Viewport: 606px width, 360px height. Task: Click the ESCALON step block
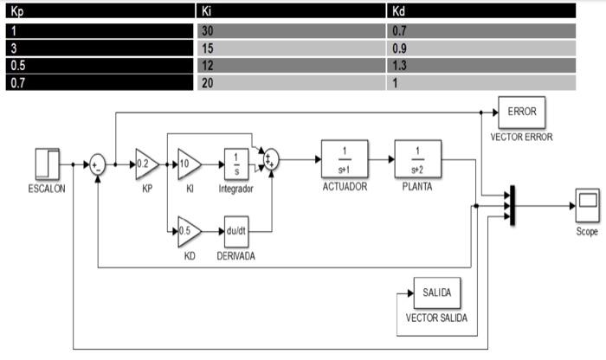(47, 162)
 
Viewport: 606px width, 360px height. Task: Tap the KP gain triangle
(144, 162)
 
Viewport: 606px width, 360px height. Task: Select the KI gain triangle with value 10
(189, 162)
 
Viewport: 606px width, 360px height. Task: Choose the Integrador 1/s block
(236, 162)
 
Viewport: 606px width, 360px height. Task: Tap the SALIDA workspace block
(437, 293)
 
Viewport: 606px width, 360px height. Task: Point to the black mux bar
(513, 206)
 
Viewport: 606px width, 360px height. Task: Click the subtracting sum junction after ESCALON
(98, 163)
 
